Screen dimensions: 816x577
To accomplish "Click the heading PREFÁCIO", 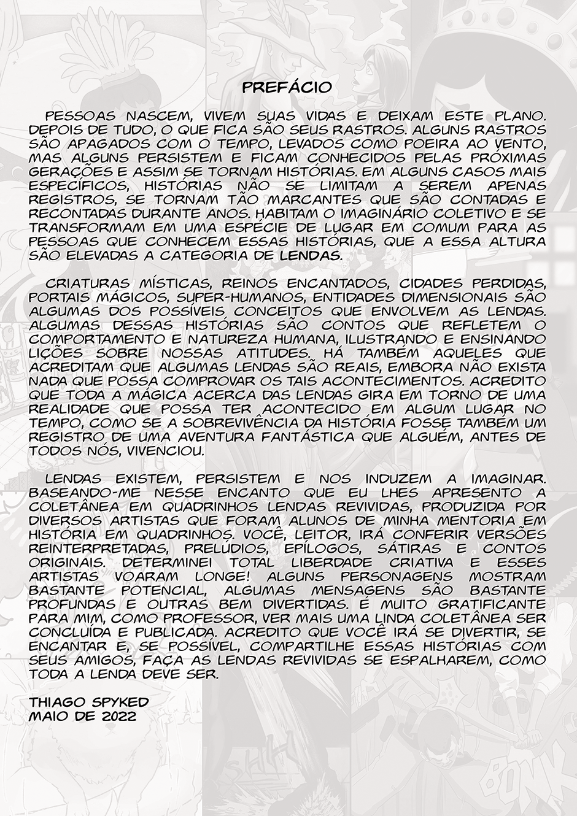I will pos(287,88).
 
